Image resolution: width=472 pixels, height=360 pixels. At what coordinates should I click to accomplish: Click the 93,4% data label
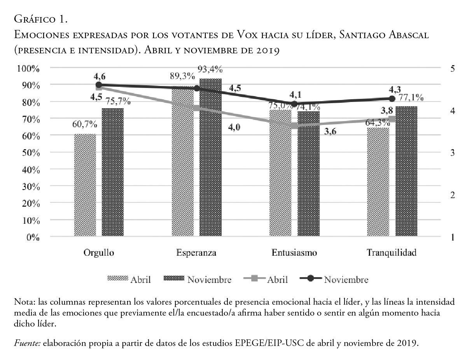pyautogui.click(x=210, y=70)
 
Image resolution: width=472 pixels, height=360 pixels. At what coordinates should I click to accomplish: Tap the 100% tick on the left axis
pyautogui.click(x=28, y=68)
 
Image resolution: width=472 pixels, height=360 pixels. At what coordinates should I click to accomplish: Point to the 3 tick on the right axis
pyautogui.click(x=452, y=152)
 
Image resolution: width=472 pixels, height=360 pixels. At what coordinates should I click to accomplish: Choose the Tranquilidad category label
pyautogui.click(x=392, y=253)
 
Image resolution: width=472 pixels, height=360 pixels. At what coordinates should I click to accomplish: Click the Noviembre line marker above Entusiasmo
pyautogui.click(x=294, y=104)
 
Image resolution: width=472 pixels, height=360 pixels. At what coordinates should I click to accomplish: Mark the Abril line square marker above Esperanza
pyautogui.click(x=196, y=108)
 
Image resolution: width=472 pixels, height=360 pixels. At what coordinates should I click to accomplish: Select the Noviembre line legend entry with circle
pyautogui.click(x=334, y=279)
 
